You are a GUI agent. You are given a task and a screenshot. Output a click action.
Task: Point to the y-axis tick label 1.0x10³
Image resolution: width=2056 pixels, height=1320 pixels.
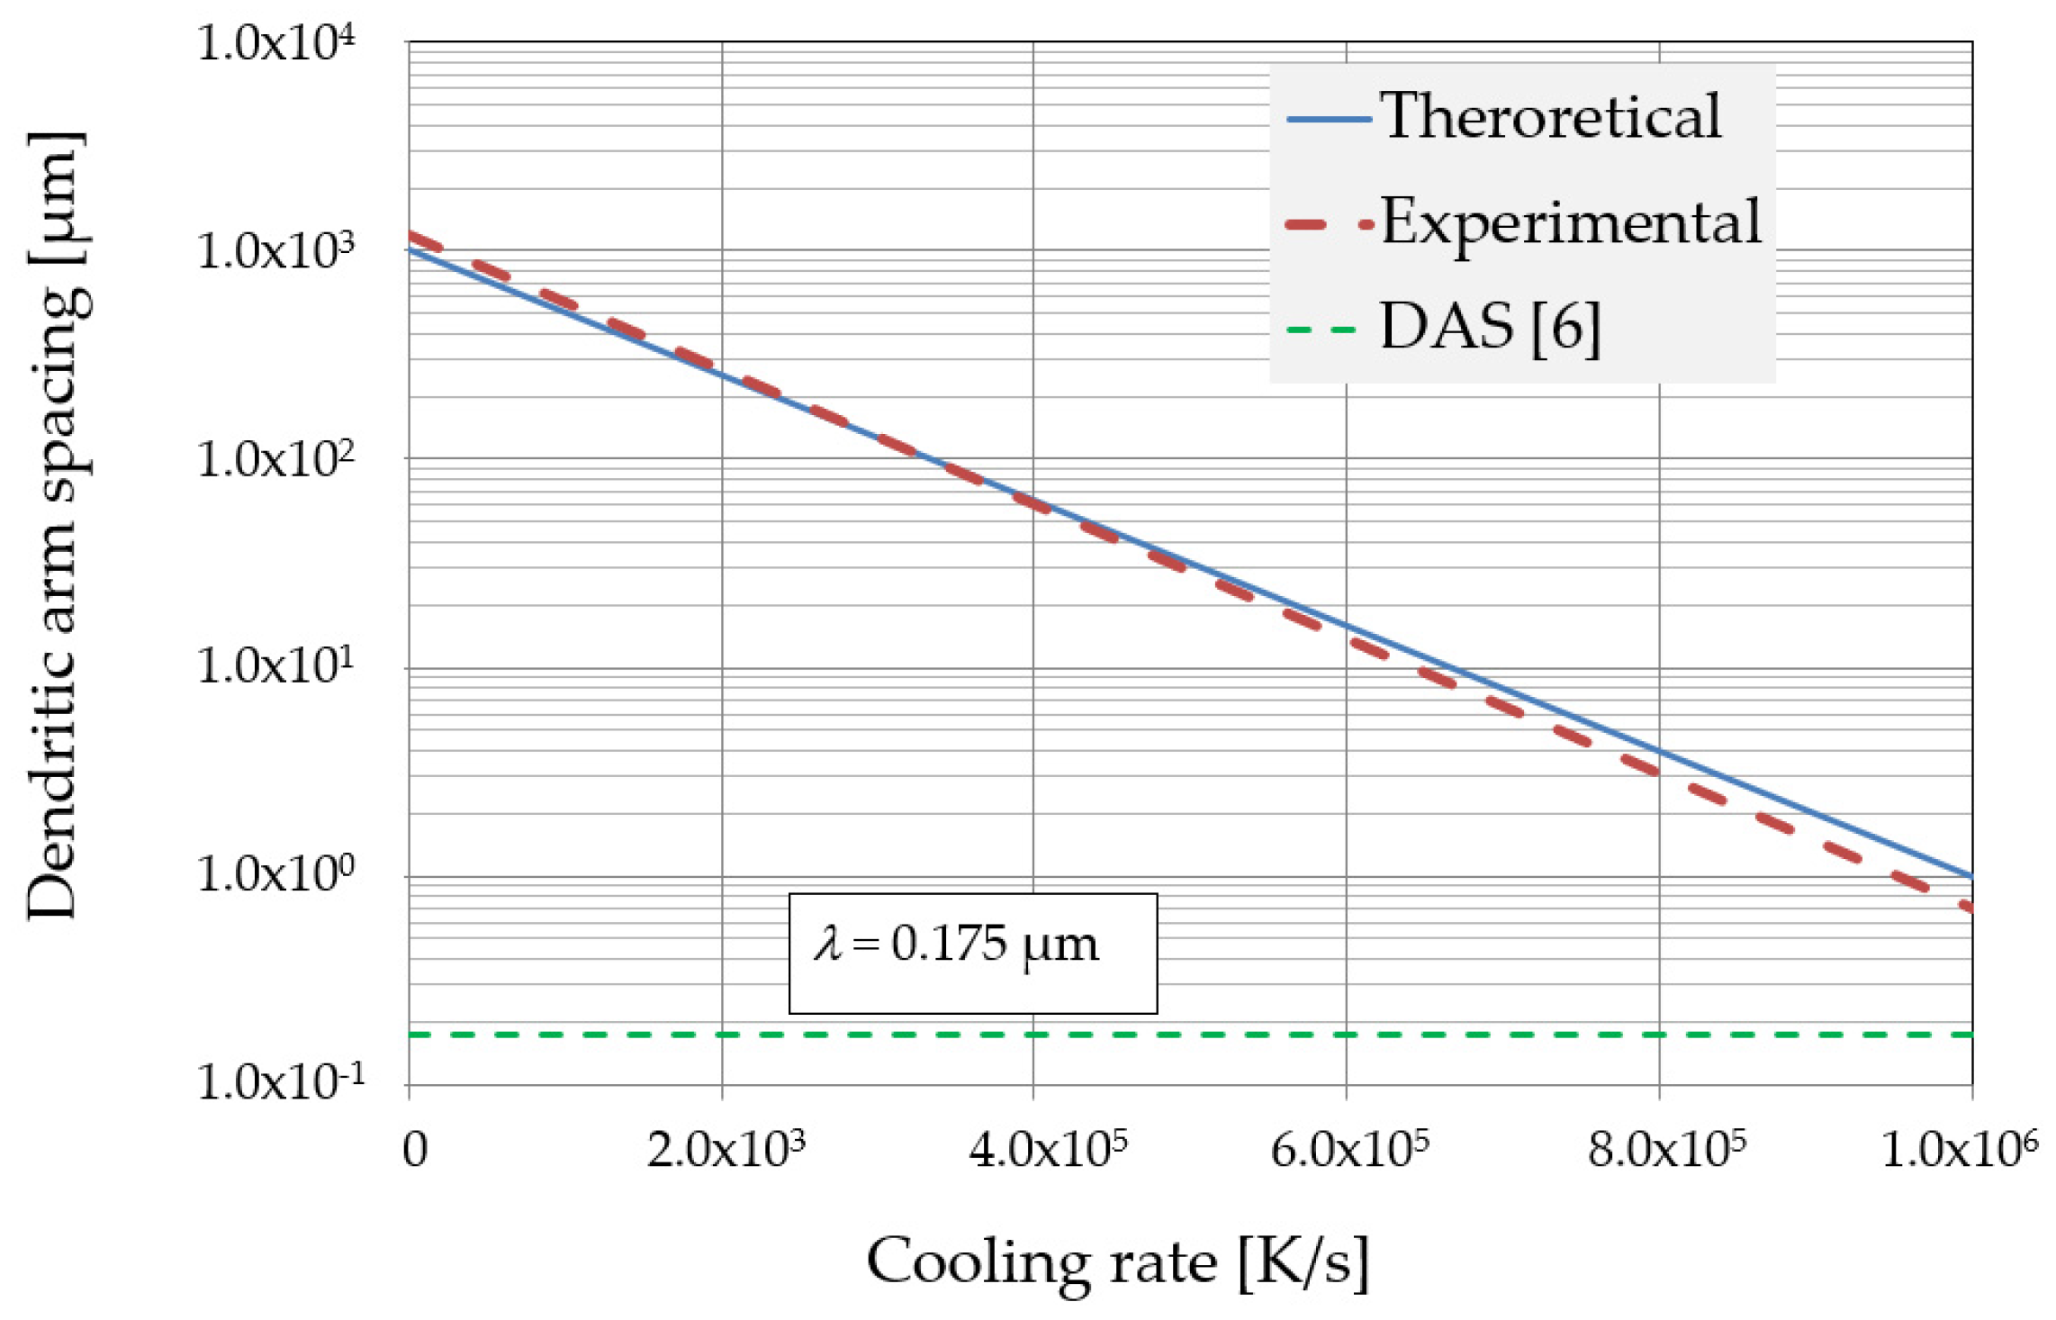pos(275,252)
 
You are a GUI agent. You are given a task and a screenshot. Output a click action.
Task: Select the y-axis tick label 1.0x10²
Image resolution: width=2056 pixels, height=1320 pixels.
pos(275,460)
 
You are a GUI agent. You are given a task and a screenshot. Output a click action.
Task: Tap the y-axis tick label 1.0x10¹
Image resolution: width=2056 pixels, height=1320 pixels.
pos(275,667)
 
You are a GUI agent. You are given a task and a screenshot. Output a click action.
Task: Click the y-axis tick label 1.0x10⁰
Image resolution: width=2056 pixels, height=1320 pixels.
pos(275,874)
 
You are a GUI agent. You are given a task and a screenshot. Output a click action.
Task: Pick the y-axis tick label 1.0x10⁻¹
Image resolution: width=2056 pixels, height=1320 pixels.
pos(279,1081)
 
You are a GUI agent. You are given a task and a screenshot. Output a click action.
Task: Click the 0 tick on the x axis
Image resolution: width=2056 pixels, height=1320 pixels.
pos(415,1150)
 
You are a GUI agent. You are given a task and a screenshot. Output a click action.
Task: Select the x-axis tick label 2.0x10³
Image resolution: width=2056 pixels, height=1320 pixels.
pos(726,1150)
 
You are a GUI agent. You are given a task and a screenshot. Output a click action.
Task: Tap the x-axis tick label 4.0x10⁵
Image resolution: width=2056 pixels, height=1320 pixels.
pos(1048,1150)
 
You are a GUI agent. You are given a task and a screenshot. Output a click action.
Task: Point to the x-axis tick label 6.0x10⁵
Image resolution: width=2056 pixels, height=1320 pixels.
pos(1349,1150)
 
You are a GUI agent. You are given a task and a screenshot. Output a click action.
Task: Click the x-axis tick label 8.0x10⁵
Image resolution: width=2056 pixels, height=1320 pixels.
pos(1666,1150)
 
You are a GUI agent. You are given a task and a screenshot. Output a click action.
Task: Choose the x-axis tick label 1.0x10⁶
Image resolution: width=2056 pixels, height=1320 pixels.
pos(1959,1150)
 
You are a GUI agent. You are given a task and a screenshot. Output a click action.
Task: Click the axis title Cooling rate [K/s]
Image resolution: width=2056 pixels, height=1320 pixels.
pos(1117,1262)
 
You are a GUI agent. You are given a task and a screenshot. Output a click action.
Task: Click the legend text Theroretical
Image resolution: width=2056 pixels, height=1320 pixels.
pos(1550,117)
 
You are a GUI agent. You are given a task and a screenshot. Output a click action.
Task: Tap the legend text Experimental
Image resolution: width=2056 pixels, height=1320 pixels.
pos(1571,222)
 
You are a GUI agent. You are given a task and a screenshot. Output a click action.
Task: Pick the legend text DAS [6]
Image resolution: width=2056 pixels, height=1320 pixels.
pos(1490,328)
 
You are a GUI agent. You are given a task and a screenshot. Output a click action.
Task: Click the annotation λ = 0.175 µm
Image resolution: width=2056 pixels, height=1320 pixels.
pos(956,945)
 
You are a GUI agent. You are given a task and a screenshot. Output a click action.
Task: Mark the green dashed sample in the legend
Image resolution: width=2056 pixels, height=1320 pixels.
pos(1321,330)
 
